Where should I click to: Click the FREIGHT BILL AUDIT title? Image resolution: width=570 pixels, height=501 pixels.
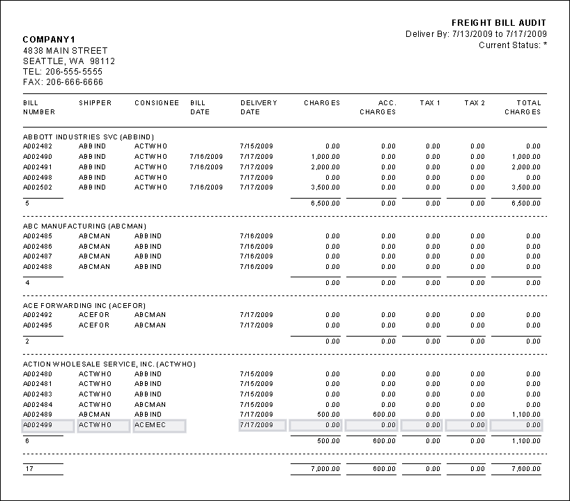(499, 23)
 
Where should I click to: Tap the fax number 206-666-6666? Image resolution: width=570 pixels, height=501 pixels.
(63, 82)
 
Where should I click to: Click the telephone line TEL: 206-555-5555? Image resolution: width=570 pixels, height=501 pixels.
(63, 71)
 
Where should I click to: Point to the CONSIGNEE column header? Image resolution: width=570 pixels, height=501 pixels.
(157, 103)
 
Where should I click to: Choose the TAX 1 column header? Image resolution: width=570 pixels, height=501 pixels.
(430, 103)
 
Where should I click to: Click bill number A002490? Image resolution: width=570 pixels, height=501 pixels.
(38, 157)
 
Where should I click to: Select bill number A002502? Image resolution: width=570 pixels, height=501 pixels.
(38, 187)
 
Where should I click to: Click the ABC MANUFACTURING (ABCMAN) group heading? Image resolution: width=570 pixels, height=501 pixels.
(85, 226)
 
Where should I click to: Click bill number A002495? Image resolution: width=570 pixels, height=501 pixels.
(38, 325)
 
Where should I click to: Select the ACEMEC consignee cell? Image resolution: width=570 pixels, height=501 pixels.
(151, 425)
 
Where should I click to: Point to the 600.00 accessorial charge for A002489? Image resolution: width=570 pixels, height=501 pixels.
(384, 415)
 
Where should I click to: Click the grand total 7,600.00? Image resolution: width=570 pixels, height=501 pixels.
(525, 470)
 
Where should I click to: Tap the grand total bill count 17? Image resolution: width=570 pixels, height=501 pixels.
(29, 470)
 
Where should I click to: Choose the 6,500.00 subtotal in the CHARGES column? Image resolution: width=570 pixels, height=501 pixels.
(325, 203)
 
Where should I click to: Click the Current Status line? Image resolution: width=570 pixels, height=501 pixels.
(512, 45)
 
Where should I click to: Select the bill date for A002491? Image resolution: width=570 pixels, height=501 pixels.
(206, 167)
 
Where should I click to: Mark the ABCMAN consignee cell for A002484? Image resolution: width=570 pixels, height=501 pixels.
(151, 405)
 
